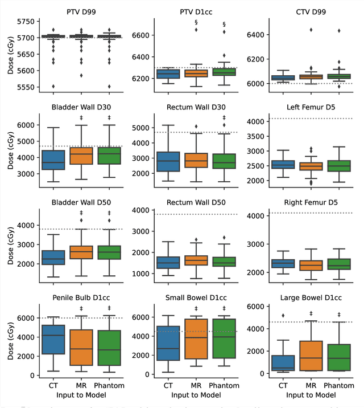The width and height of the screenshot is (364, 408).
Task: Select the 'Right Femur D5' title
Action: (311, 202)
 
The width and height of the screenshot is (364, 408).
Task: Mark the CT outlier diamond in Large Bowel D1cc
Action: (282, 315)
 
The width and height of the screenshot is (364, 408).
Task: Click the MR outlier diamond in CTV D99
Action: (311, 30)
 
